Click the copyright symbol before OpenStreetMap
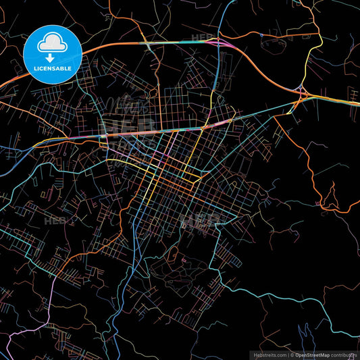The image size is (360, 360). pyautogui.click(x=292, y=354)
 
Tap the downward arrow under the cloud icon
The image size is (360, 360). pyautogui.click(x=53, y=48)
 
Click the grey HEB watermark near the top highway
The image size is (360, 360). pyautogui.click(x=202, y=38)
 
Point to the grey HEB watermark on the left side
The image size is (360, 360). pyautogui.click(x=55, y=220)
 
